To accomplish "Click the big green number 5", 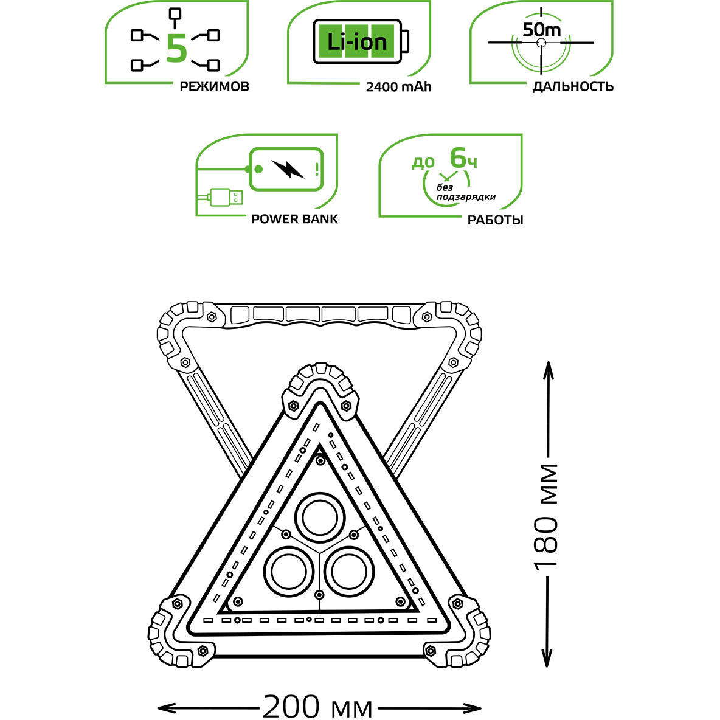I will (x=176, y=48).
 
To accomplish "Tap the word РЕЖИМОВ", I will (x=214, y=86).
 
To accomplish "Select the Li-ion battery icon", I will (x=361, y=41).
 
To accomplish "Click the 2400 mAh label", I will (x=398, y=86).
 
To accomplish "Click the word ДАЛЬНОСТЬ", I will (x=573, y=86).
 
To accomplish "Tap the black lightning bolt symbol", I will (x=288, y=168).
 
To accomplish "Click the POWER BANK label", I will (x=294, y=219).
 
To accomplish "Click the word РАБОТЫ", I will (x=495, y=220).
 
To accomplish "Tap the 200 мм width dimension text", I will (x=317, y=707).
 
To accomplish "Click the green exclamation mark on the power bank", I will (x=317, y=168).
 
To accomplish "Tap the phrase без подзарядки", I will (x=466, y=193).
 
